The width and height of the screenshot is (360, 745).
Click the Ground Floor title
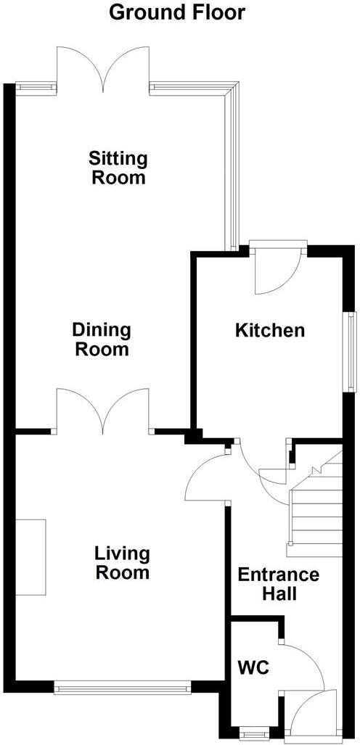pos(177,12)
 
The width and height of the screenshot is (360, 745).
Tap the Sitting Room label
pos(118,168)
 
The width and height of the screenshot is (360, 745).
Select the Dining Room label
pos(102,339)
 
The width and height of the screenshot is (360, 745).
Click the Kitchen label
pos(269,331)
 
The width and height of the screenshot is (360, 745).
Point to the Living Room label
pos(122,564)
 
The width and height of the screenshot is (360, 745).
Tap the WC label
pos(253,667)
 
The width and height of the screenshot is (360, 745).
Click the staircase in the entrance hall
pos(316,508)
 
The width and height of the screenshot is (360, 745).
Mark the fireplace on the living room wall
pos(30,557)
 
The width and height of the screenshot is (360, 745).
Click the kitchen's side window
pos(351,352)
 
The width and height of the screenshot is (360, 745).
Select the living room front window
pos(122,684)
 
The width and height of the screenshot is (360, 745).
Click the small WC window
pos(253,734)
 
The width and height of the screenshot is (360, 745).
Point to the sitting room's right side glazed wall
pos(232,167)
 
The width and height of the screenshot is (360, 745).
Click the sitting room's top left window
pos(36,87)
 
